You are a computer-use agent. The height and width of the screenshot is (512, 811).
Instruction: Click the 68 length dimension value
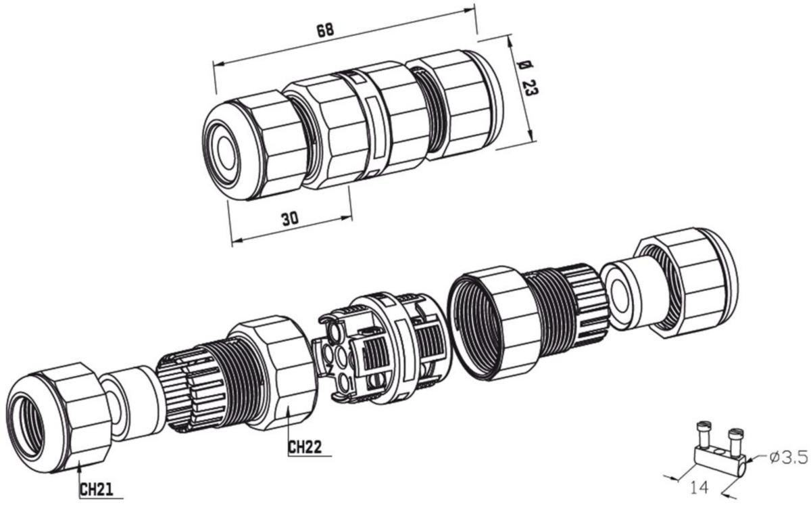pos(325,30)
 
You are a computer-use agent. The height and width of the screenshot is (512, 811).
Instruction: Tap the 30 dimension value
pos(290,219)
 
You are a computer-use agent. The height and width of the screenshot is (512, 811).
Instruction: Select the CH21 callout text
pos(96,490)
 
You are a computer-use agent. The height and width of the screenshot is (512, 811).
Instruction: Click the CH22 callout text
pos(305,447)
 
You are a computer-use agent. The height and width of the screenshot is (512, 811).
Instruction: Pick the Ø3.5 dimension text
pos(788,457)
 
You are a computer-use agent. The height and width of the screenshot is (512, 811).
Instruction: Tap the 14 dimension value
pos(699,488)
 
